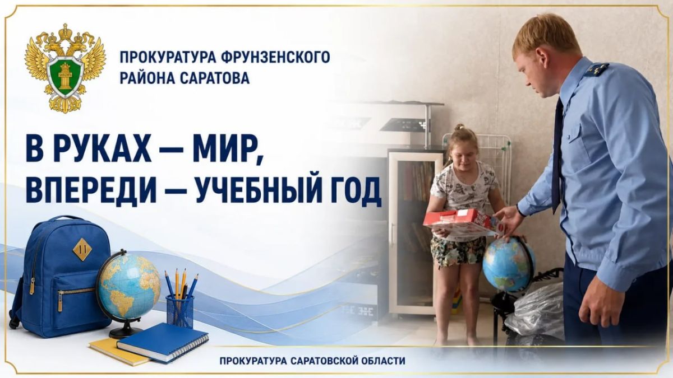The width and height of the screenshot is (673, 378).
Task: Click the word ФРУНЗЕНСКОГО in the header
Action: click(275, 57)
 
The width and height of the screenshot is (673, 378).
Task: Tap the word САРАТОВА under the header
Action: click(215, 78)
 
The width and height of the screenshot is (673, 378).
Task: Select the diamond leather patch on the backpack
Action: click(82, 249)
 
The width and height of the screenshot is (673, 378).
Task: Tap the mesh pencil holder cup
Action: click(179, 311)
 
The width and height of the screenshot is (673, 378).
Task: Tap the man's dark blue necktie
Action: click(557, 156)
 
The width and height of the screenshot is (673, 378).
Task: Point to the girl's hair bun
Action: click(459, 127)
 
